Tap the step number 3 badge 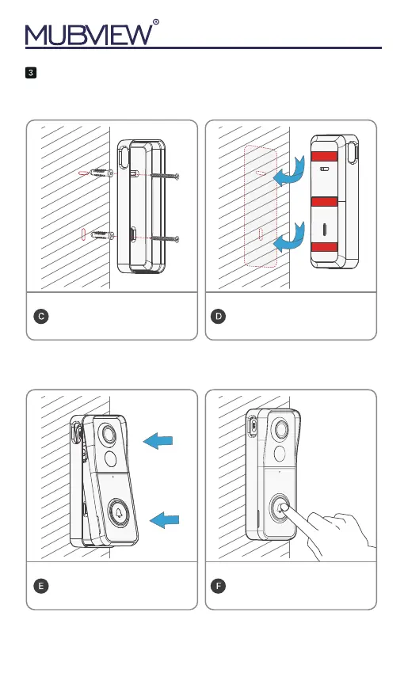tap(30, 73)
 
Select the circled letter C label tap(41, 317)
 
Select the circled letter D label tap(219, 317)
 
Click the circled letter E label tap(41, 586)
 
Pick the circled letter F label tap(219, 586)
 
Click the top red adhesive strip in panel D tap(324, 156)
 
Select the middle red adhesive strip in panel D tap(324, 202)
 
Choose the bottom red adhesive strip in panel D tap(324, 247)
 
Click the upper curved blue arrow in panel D tap(291, 172)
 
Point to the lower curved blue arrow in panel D tap(291, 238)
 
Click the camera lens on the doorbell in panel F tap(282, 429)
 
